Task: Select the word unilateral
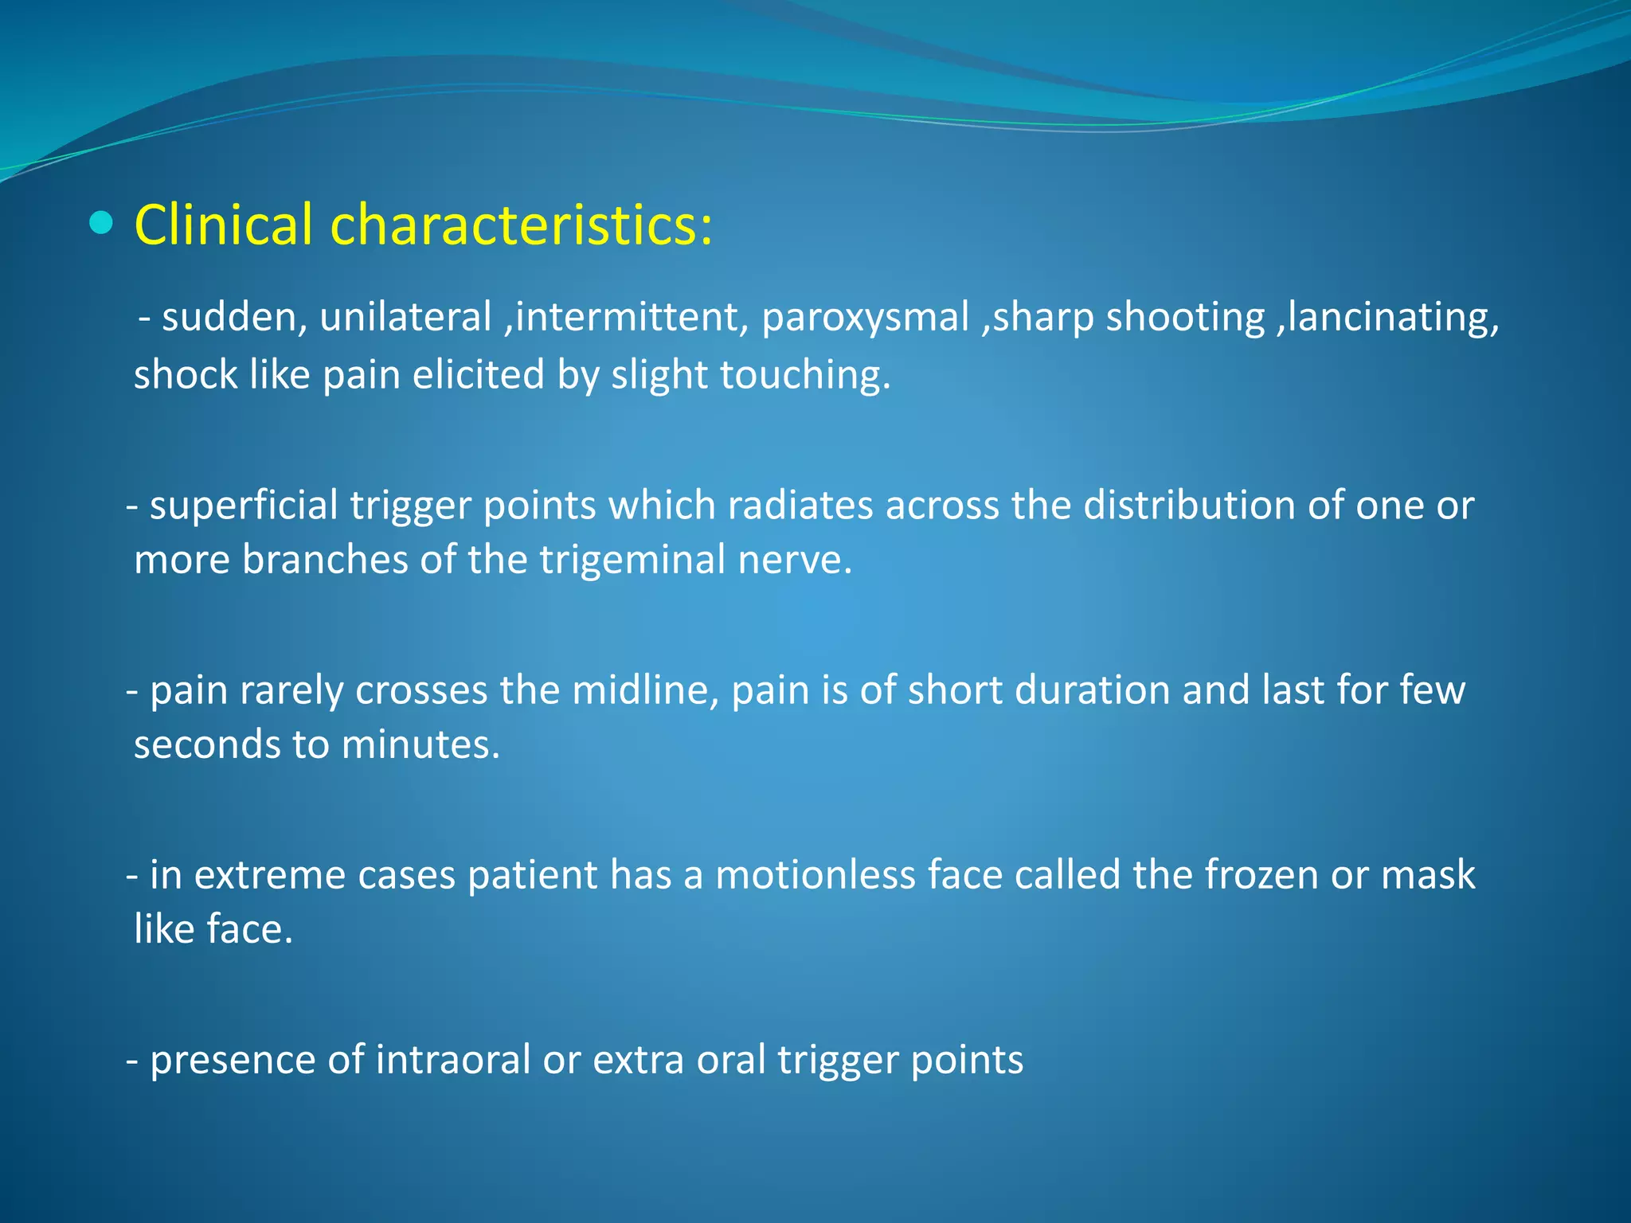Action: tap(405, 317)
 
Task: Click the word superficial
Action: tap(244, 506)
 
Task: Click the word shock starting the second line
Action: tap(185, 375)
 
